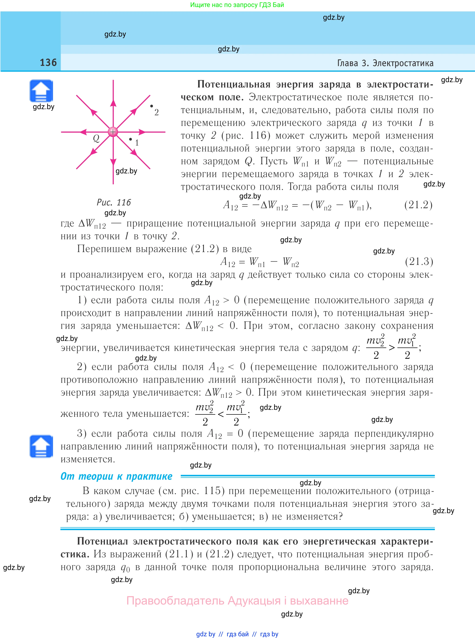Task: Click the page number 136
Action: [x=48, y=62]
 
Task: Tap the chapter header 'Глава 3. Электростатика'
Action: [x=385, y=63]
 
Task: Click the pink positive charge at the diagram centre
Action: [x=113, y=132]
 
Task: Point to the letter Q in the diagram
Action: [x=96, y=138]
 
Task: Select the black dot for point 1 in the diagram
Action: [x=130, y=139]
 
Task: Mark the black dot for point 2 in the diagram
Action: [x=152, y=106]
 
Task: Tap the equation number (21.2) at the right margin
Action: [x=418, y=205]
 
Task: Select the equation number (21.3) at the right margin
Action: [x=419, y=261]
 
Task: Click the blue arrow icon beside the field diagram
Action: [x=41, y=91]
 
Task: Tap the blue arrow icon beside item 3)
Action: [x=41, y=446]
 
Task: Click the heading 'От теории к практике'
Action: [x=116, y=476]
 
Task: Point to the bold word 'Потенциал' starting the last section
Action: [x=102, y=541]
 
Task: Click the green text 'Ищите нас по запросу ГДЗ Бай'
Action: [x=237, y=5]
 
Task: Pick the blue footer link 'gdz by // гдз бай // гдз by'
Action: [x=237, y=634]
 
